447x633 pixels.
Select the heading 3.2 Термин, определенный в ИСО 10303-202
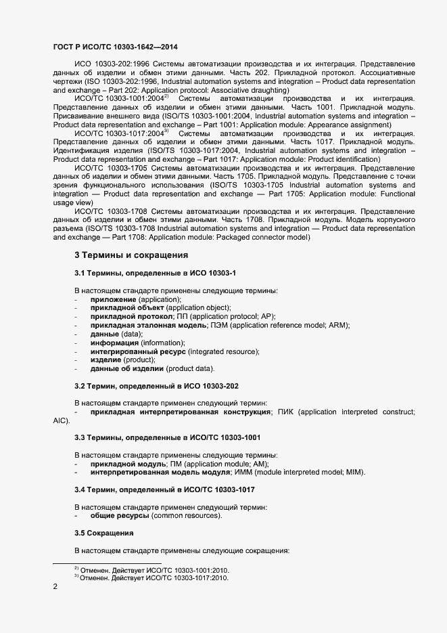[156, 386]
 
